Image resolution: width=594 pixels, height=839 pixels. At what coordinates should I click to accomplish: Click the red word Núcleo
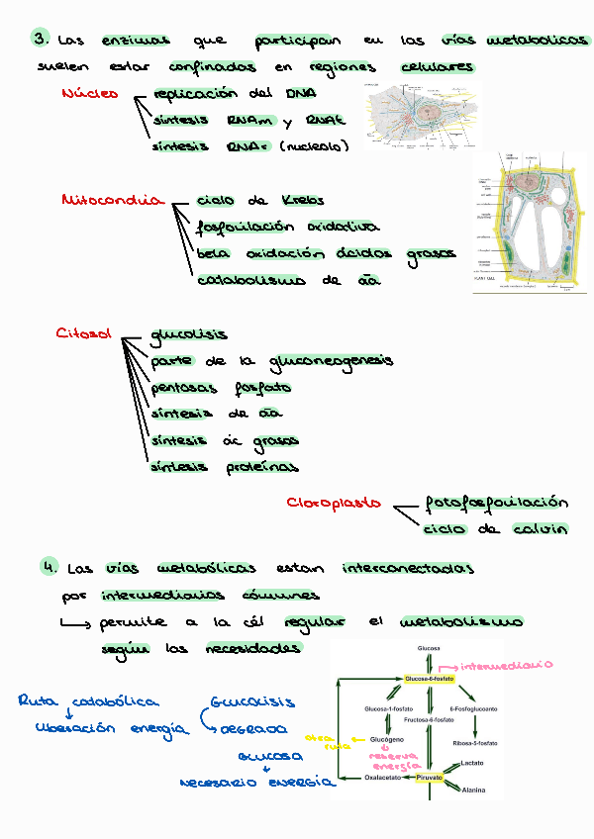(x=89, y=94)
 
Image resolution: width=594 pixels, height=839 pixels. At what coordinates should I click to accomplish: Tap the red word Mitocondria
(x=111, y=200)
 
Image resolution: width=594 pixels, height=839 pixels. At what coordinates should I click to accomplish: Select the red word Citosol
(x=82, y=334)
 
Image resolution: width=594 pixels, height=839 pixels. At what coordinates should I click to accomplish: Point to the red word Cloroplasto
(x=334, y=503)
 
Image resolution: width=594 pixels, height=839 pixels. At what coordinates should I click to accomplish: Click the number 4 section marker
(x=48, y=567)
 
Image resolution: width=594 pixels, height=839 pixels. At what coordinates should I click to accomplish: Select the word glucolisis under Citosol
(x=188, y=335)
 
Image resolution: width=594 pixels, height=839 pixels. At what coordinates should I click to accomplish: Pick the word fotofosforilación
(x=496, y=502)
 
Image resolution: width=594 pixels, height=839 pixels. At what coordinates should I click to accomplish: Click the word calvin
(x=540, y=529)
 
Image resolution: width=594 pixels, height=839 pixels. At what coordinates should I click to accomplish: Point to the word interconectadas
(x=407, y=569)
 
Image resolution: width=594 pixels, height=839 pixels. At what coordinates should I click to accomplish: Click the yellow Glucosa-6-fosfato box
(x=428, y=680)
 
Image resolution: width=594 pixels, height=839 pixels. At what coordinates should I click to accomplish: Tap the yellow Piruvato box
(x=429, y=778)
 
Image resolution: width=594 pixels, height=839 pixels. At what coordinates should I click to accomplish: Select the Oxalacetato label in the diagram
(x=384, y=778)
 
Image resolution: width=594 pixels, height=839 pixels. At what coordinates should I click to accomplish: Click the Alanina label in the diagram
(x=473, y=791)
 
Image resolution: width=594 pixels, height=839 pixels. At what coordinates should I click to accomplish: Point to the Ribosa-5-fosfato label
(x=475, y=742)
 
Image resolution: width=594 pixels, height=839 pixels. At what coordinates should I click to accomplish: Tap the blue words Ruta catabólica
(x=87, y=701)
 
